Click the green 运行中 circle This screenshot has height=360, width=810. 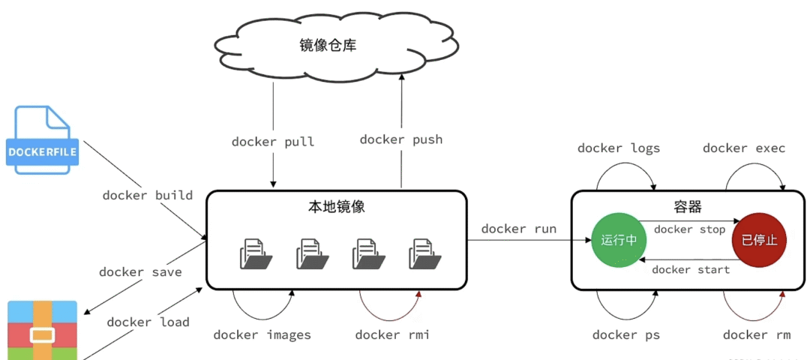[619, 240]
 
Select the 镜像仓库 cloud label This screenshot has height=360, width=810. [328, 46]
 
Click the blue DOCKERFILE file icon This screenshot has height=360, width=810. [43, 142]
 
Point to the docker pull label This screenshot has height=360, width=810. [273, 142]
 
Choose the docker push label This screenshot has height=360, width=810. [401, 139]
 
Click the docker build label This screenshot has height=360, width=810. [148, 195]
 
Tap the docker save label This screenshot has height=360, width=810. [140, 272]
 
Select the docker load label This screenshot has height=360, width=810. [148, 322]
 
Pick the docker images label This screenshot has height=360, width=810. [262, 335]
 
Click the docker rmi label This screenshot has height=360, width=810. [392, 335]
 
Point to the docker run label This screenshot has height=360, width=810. [519, 229]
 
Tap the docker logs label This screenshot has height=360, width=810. [619, 148]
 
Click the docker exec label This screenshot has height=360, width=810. [744, 148]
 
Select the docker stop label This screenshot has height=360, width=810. [689, 229]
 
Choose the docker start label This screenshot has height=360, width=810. [691, 270]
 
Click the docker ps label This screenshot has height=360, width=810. [626, 335]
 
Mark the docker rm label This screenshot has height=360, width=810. [756, 335]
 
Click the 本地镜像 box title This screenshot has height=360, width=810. [337, 207]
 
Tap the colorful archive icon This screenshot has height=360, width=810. [43, 330]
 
